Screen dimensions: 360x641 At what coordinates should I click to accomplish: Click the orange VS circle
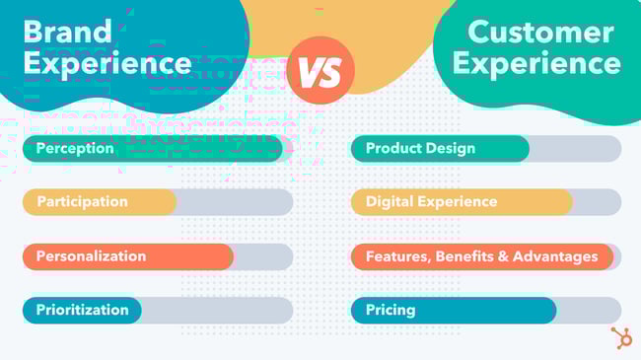pyautogui.click(x=320, y=72)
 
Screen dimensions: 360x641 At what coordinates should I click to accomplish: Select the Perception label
pyautogui.click(x=75, y=148)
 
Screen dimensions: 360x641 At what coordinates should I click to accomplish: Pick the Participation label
pyautogui.click(x=82, y=201)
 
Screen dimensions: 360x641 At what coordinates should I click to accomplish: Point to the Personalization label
pyautogui.click(x=91, y=255)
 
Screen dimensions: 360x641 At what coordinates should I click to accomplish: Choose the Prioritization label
pyautogui.click(x=83, y=310)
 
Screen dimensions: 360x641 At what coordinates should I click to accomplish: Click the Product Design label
pyautogui.click(x=420, y=148)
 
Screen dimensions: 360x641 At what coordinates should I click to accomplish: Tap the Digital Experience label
pyautogui.click(x=431, y=201)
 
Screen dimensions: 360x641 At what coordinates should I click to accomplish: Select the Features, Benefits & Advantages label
pyautogui.click(x=481, y=255)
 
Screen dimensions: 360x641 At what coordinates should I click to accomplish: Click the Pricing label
pyautogui.click(x=391, y=310)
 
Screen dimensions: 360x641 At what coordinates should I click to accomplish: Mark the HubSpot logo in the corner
pyautogui.click(x=621, y=337)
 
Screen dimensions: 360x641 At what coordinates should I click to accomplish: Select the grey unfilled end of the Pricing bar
pyautogui.click(x=589, y=310)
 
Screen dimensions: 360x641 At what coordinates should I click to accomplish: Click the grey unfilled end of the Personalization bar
pyautogui.click(x=262, y=256)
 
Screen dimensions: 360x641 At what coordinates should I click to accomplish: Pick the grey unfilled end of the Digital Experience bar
pyautogui.click(x=597, y=201)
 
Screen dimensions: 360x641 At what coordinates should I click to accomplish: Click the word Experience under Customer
pyautogui.click(x=539, y=63)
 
